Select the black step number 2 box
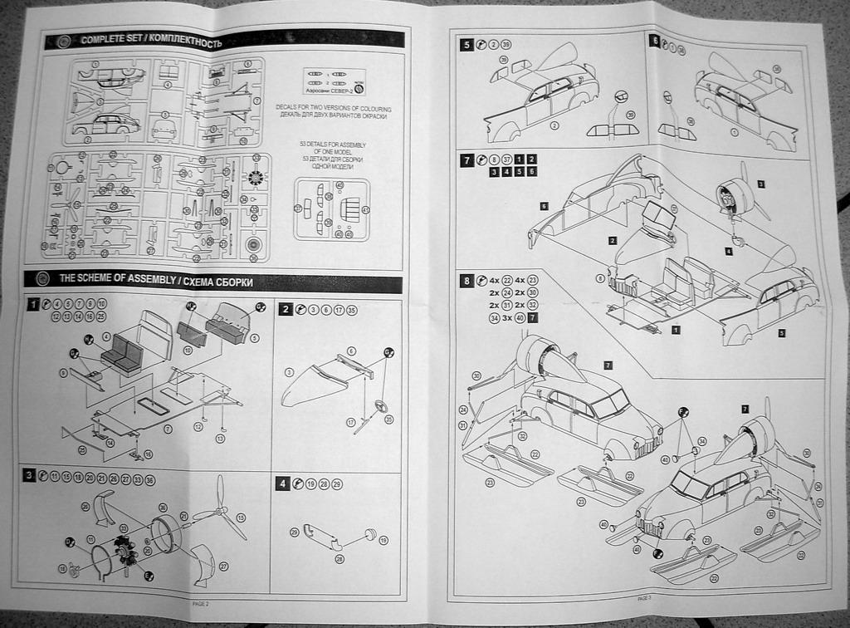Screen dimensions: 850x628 (x=285, y=309)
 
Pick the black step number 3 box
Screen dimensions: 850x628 (x=29, y=475)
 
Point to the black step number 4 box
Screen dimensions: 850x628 (x=283, y=483)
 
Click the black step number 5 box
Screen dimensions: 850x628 (x=467, y=45)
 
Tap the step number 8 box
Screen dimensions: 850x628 (x=467, y=281)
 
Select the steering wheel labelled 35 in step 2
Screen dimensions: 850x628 (x=380, y=408)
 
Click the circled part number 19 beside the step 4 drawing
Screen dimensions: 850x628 (x=383, y=540)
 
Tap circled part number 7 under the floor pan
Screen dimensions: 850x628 (x=169, y=429)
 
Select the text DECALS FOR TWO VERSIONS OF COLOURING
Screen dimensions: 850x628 (x=333, y=109)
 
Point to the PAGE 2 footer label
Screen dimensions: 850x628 (x=200, y=604)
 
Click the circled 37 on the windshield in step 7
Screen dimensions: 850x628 (x=674, y=209)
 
